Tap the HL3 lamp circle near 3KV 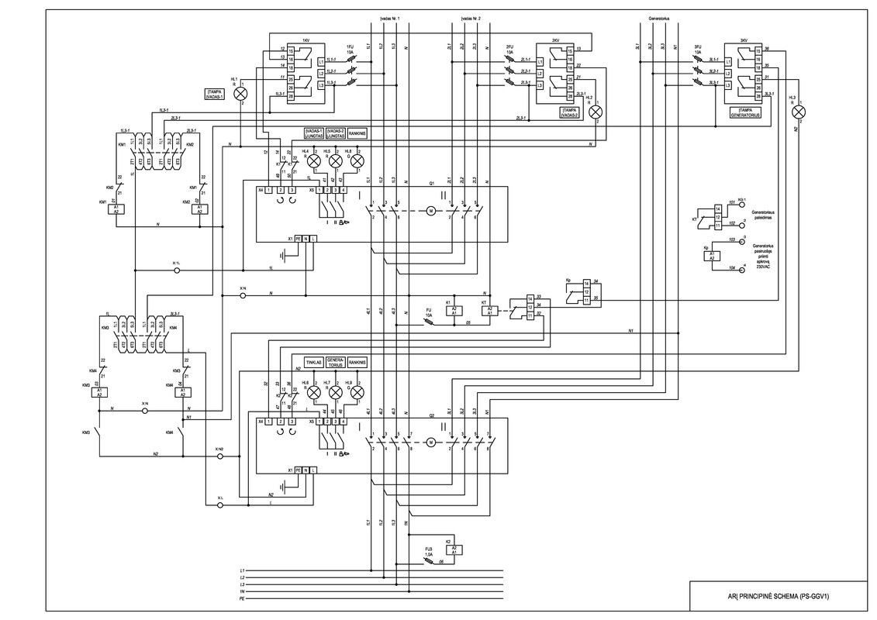pyautogui.click(x=798, y=112)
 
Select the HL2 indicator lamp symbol pyautogui.click(x=596, y=113)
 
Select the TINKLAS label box pyautogui.click(x=314, y=363)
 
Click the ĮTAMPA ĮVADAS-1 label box pyautogui.click(x=215, y=95)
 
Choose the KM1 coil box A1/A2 pyautogui.click(x=116, y=210)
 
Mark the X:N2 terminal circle pyautogui.click(x=219, y=457)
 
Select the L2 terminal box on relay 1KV pyautogui.click(x=321, y=72)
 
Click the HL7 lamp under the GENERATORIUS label pyautogui.click(x=336, y=393)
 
